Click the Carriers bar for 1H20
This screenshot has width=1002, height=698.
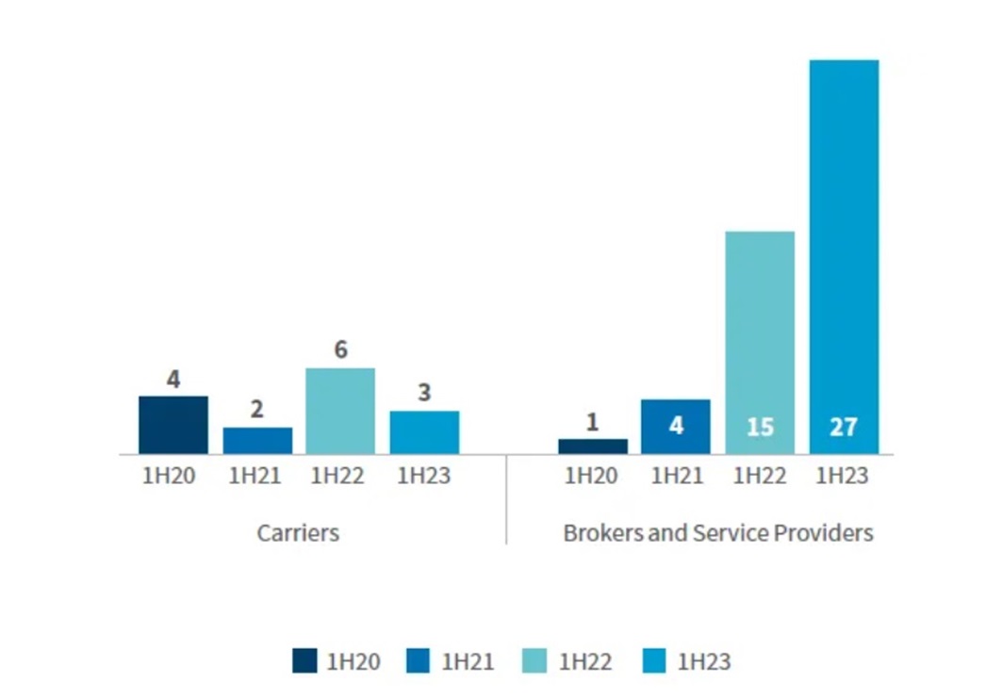[x=173, y=425]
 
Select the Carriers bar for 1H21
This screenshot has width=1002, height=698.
[x=257, y=441]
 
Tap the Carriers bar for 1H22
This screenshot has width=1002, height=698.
[x=340, y=412]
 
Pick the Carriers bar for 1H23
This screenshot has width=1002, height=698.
[x=424, y=432]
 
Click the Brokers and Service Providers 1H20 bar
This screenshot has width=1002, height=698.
[x=592, y=446]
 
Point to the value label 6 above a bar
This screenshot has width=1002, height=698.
[x=340, y=350]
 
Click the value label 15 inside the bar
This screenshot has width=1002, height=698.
[x=760, y=427]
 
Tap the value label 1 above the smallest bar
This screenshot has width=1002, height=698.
[x=592, y=422]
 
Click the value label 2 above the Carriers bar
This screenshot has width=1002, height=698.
[x=257, y=410]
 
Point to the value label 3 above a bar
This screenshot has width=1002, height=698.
[x=424, y=393]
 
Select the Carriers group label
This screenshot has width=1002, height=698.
[x=298, y=533]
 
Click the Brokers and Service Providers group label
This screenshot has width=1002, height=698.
[x=718, y=533]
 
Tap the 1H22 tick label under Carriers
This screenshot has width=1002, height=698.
[x=337, y=476]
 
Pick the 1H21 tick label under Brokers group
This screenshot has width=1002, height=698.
[x=676, y=476]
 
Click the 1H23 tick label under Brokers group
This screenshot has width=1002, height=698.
[x=842, y=476]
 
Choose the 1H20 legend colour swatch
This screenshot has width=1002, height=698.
[x=304, y=661]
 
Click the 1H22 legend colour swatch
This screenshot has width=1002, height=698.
[x=535, y=661]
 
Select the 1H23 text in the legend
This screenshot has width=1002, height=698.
[x=703, y=662]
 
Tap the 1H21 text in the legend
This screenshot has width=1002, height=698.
[x=468, y=662]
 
